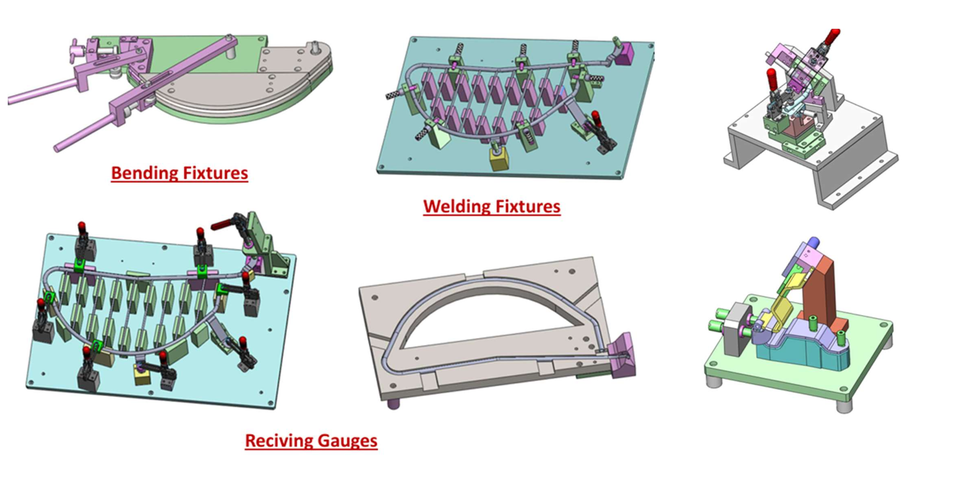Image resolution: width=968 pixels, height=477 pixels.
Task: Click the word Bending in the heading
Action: pyautogui.click(x=144, y=173)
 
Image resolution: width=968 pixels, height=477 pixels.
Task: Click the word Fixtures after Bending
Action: pyautogui.click(x=215, y=173)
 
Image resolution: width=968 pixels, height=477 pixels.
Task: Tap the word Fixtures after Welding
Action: pyautogui.click(x=528, y=207)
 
